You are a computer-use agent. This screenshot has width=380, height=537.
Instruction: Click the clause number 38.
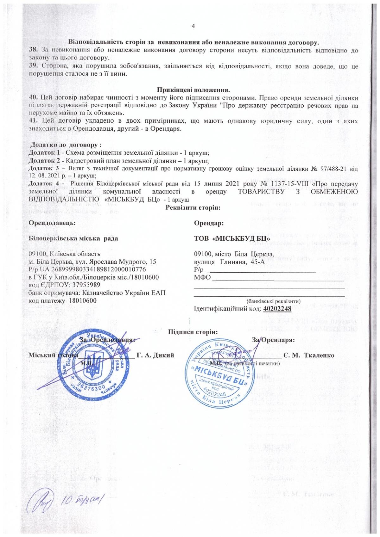point(33,50)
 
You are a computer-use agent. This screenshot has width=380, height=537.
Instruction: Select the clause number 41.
point(33,121)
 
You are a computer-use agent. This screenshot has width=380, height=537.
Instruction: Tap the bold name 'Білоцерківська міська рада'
point(73,238)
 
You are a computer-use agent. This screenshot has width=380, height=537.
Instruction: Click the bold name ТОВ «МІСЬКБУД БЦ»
point(232,238)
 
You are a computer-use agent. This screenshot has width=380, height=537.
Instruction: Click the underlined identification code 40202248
point(277,308)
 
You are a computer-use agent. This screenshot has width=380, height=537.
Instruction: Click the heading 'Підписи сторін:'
point(193,332)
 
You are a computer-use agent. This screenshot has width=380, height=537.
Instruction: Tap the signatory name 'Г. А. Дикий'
point(155,355)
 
